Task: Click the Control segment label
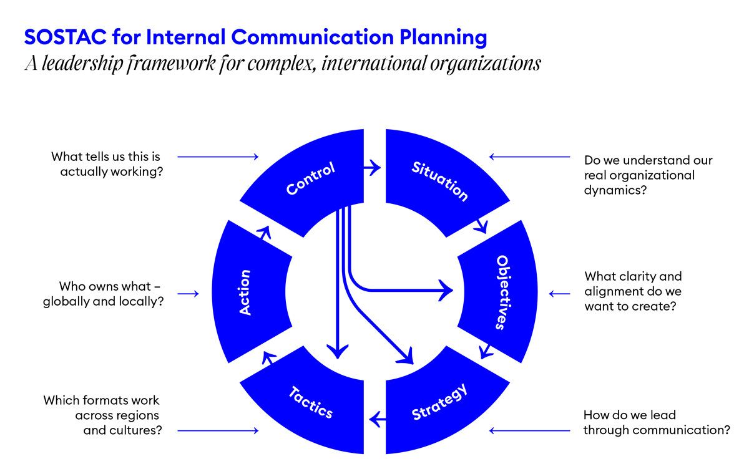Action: pyautogui.click(x=311, y=178)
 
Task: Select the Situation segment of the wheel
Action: pyautogui.click(x=439, y=181)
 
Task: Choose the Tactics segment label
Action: pyautogui.click(x=310, y=403)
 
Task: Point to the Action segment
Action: pyautogui.click(x=245, y=292)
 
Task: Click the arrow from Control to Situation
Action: pyautogui.click(x=373, y=167)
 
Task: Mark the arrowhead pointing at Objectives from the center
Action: pyautogui.click(x=445, y=290)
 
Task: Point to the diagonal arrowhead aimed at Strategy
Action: pyautogui.click(x=406, y=356)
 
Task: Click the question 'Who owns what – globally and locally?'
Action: pyautogui.click(x=104, y=293)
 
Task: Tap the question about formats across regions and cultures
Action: pyautogui.click(x=102, y=415)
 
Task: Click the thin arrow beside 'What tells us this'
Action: pyautogui.click(x=218, y=157)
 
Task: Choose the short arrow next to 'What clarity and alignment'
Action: pyautogui.click(x=559, y=293)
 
